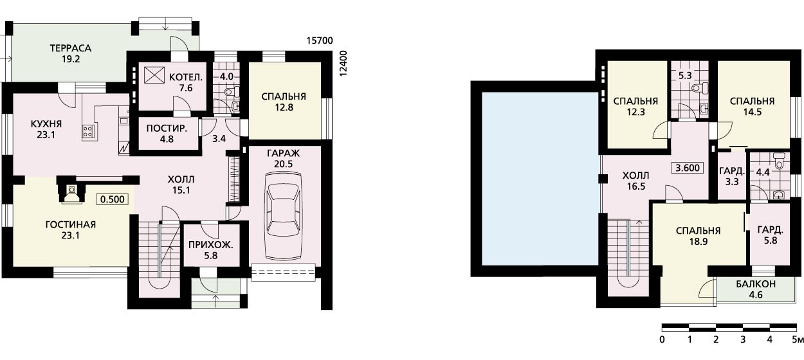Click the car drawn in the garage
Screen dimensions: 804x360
282,215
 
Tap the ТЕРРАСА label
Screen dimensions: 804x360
71,48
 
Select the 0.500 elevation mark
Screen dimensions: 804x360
113,199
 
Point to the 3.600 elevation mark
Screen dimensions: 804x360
688,168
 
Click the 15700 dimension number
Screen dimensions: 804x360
320,40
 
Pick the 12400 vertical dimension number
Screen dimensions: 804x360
343,63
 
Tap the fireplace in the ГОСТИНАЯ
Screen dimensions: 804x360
72,191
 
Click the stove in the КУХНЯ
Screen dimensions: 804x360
88,132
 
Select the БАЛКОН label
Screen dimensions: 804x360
756,284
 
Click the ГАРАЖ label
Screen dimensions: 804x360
283,154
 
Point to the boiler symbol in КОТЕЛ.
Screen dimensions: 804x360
154,75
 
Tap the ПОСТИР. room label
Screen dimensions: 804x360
167,129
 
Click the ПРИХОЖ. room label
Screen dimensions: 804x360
211,246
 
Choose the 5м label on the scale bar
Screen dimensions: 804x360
798,339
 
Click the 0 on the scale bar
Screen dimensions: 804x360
662,339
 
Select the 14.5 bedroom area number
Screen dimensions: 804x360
753,113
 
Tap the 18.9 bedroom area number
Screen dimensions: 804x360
698,242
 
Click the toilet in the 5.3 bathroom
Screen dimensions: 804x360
700,88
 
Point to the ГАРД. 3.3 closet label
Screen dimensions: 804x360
732,176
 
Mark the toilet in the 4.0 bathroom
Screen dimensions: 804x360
233,92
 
